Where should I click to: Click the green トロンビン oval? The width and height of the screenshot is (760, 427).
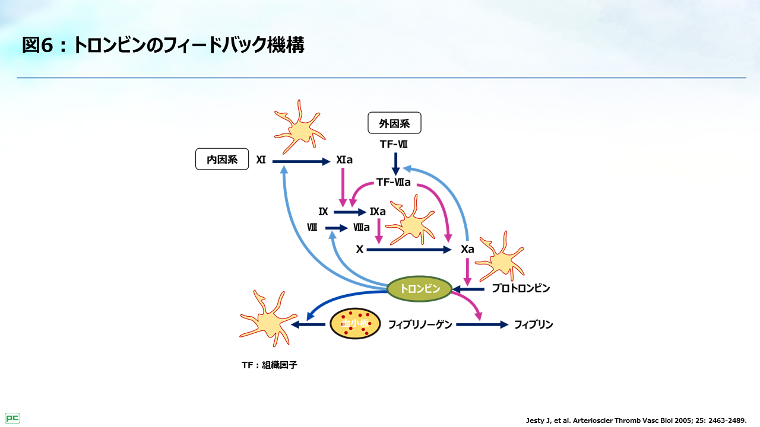[419, 289]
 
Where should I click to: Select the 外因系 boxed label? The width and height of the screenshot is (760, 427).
[394, 123]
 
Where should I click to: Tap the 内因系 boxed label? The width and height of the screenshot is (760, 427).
[222, 159]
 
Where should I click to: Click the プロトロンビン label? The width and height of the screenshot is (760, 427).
[521, 289]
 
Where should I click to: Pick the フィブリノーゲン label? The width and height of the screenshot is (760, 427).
[420, 324]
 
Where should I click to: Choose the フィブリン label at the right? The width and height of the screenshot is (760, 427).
[533, 324]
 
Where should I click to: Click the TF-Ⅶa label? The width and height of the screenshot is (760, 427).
[394, 183]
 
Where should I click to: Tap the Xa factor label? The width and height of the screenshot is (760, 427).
[467, 249]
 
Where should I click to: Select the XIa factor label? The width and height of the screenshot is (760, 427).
[344, 160]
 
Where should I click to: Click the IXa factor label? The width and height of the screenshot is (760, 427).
[378, 212]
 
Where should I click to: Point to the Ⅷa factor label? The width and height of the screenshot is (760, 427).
[362, 227]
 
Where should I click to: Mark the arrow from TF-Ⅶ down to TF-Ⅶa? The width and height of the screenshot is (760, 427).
[395, 164]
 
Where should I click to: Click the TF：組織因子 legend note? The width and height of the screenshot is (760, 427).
[269, 365]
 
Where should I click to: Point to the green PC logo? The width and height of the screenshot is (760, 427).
[12, 418]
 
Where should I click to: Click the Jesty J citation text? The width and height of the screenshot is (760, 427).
[636, 420]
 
